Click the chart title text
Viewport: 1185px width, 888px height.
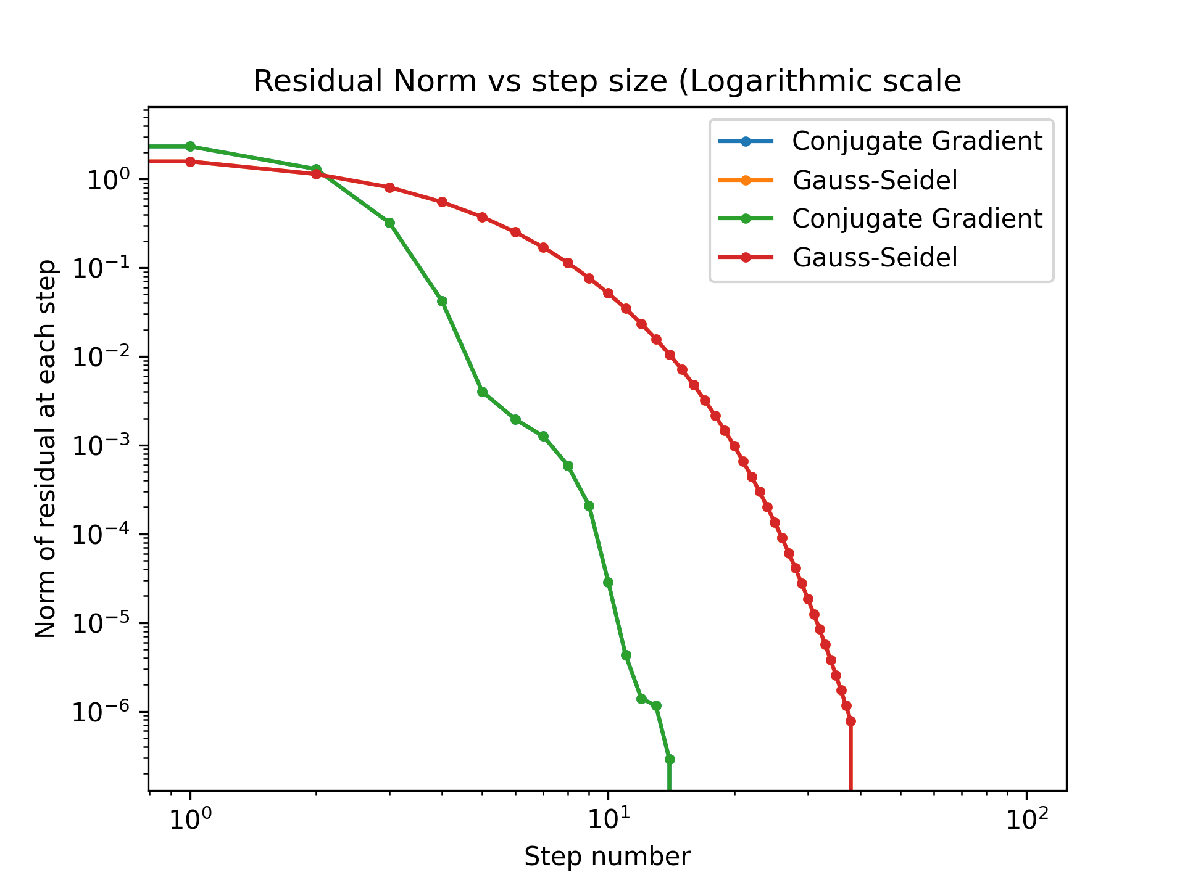607,81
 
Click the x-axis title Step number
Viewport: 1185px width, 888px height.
607,857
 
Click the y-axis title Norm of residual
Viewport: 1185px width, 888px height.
46,449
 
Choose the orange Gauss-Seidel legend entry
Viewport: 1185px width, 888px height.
875,180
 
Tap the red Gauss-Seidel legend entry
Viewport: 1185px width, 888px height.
875,257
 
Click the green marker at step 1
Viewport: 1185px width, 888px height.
191,146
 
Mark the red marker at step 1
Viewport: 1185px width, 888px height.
191,162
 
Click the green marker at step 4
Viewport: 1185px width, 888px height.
442,301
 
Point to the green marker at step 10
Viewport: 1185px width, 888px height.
608,582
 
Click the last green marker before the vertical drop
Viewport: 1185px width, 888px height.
670,759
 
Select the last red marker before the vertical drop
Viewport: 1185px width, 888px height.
850,721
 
